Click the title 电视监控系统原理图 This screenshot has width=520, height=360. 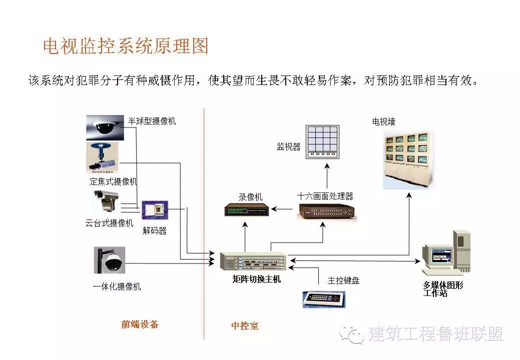pos(126,46)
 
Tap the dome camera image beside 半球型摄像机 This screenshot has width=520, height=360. pos(104,127)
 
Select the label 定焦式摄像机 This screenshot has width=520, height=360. pos(113,181)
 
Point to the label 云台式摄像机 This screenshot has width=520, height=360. pos(110,223)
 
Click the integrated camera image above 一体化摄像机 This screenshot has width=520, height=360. pos(109,260)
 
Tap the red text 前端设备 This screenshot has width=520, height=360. pos(140,324)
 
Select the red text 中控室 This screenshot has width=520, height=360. pos(245,326)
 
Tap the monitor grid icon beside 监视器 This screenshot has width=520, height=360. pos(323,142)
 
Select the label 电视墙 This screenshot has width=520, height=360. pos(384,121)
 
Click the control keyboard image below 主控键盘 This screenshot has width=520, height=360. pos(324,298)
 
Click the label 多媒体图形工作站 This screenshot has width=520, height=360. pos(443,289)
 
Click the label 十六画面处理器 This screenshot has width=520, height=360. pos(325,195)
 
